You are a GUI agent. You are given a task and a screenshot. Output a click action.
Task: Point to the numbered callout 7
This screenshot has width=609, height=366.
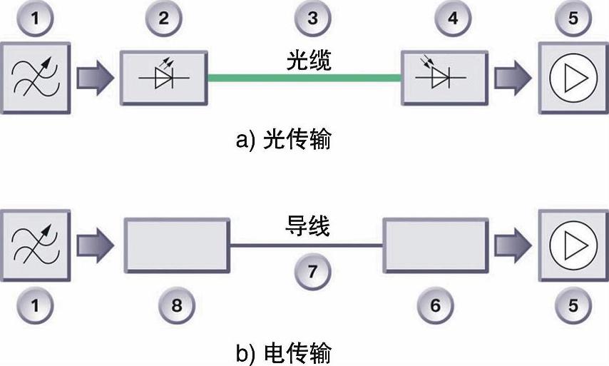312,271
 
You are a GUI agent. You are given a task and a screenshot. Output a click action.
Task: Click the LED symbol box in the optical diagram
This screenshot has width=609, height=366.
163,76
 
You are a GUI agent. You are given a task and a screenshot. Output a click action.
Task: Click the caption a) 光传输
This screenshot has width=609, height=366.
283,140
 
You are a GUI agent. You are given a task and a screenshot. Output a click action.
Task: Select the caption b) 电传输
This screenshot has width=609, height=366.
283,353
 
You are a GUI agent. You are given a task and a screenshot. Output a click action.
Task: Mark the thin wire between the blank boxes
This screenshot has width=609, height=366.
307,245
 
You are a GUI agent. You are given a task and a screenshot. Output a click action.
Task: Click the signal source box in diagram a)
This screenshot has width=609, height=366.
34,76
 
